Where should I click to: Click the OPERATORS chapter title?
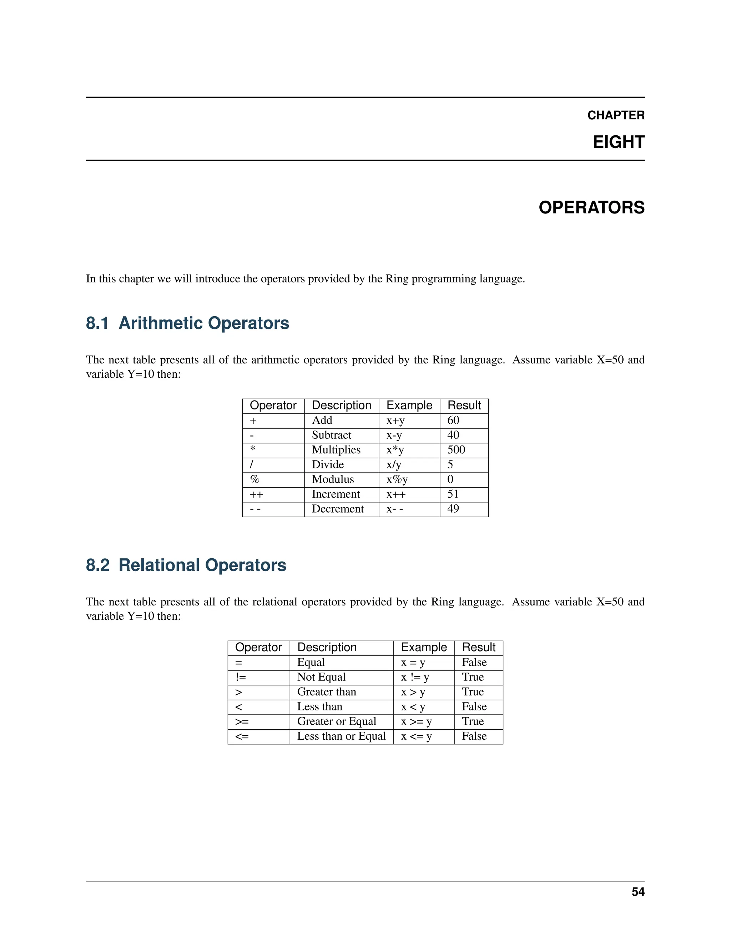pyautogui.click(x=591, y=207)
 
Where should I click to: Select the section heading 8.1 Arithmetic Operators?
pyautogui.click(x=187, y=323)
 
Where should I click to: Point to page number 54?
pyautogui.click(x=637, y=892)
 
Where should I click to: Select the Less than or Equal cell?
pyautogui.click(x=341, y=736)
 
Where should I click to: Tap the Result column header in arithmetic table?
pyautogui.click(x=464, y=406)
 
